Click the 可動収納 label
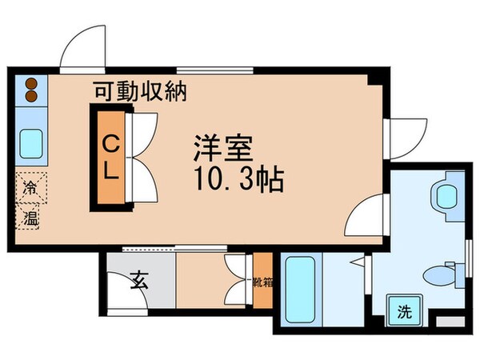(140, 92)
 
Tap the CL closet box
(110, 157)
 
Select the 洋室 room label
(222, 148)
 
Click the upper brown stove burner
(31, 83)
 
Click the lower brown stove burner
(31, 97)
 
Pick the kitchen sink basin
(31, 144)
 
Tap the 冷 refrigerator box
(30, 190)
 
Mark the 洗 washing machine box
(402, 310)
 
